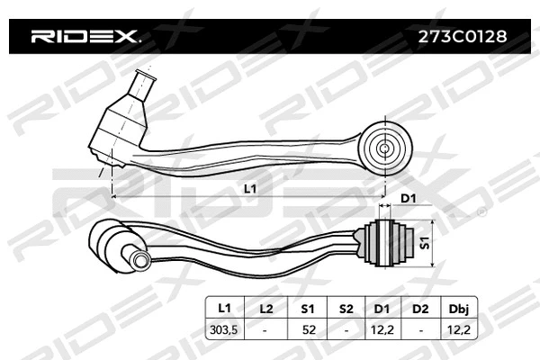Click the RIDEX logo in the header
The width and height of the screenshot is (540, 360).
point(85,37)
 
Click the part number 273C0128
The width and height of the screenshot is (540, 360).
point(463,37)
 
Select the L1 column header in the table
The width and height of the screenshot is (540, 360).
point(225,309)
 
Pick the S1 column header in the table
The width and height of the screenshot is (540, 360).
point(308,309)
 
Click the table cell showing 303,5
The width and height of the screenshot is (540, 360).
point(225,330)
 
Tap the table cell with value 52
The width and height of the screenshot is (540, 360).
point(308,330)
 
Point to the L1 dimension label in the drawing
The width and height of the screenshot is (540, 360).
point(251,189)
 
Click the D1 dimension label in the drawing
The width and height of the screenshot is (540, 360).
point(408,197)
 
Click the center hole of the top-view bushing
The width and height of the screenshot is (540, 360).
point(384,147)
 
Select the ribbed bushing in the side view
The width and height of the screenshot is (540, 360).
point(390,241)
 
